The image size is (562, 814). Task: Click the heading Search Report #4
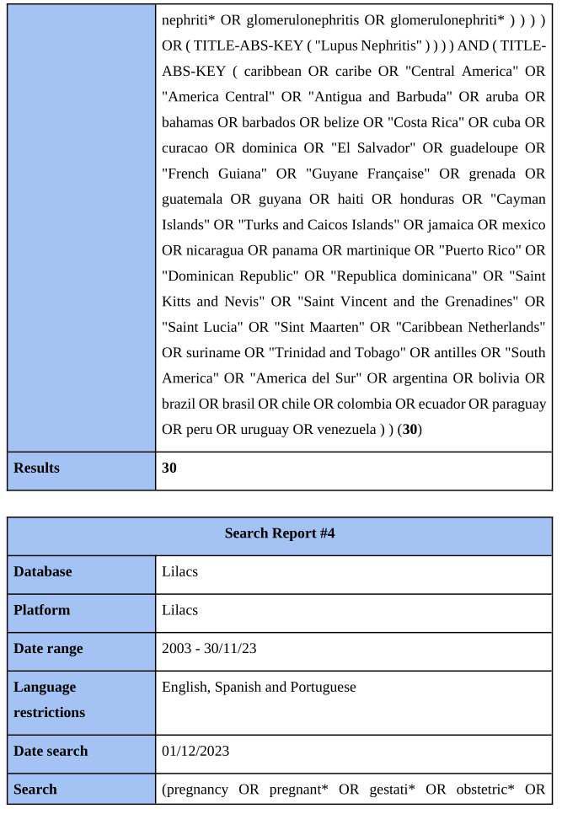[x=280, y=533]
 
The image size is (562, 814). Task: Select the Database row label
[x=42, y=571]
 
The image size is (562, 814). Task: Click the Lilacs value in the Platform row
[x=180, y=610]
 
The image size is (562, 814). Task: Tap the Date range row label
[x=48, y=649]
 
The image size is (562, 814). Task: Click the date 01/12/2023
[x=195, y=751]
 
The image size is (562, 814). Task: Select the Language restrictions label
[x=49, y=699]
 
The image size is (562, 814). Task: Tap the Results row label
[x=36, y=468]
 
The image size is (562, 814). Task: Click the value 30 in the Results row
[x=169, y=468]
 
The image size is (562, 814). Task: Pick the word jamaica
[x=441, y=225]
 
